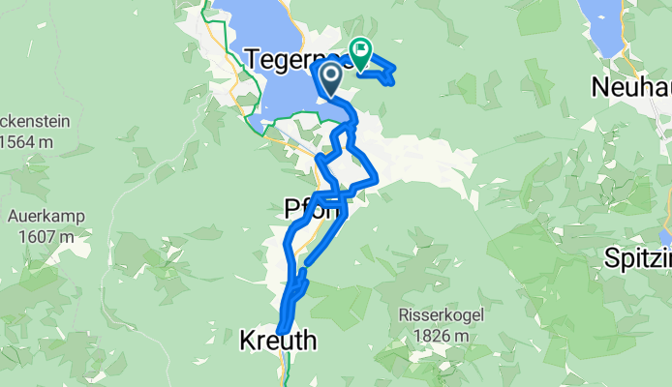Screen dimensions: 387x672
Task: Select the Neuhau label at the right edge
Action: pyautogui.click(x=630, y=88)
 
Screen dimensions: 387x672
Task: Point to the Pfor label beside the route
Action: pyautogui.click(x=310, y=208)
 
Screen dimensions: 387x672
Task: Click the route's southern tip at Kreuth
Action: pyautogui.click(x=280, y=332)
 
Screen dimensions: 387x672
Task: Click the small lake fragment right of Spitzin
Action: pyautogui.click(x=666, y=238)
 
